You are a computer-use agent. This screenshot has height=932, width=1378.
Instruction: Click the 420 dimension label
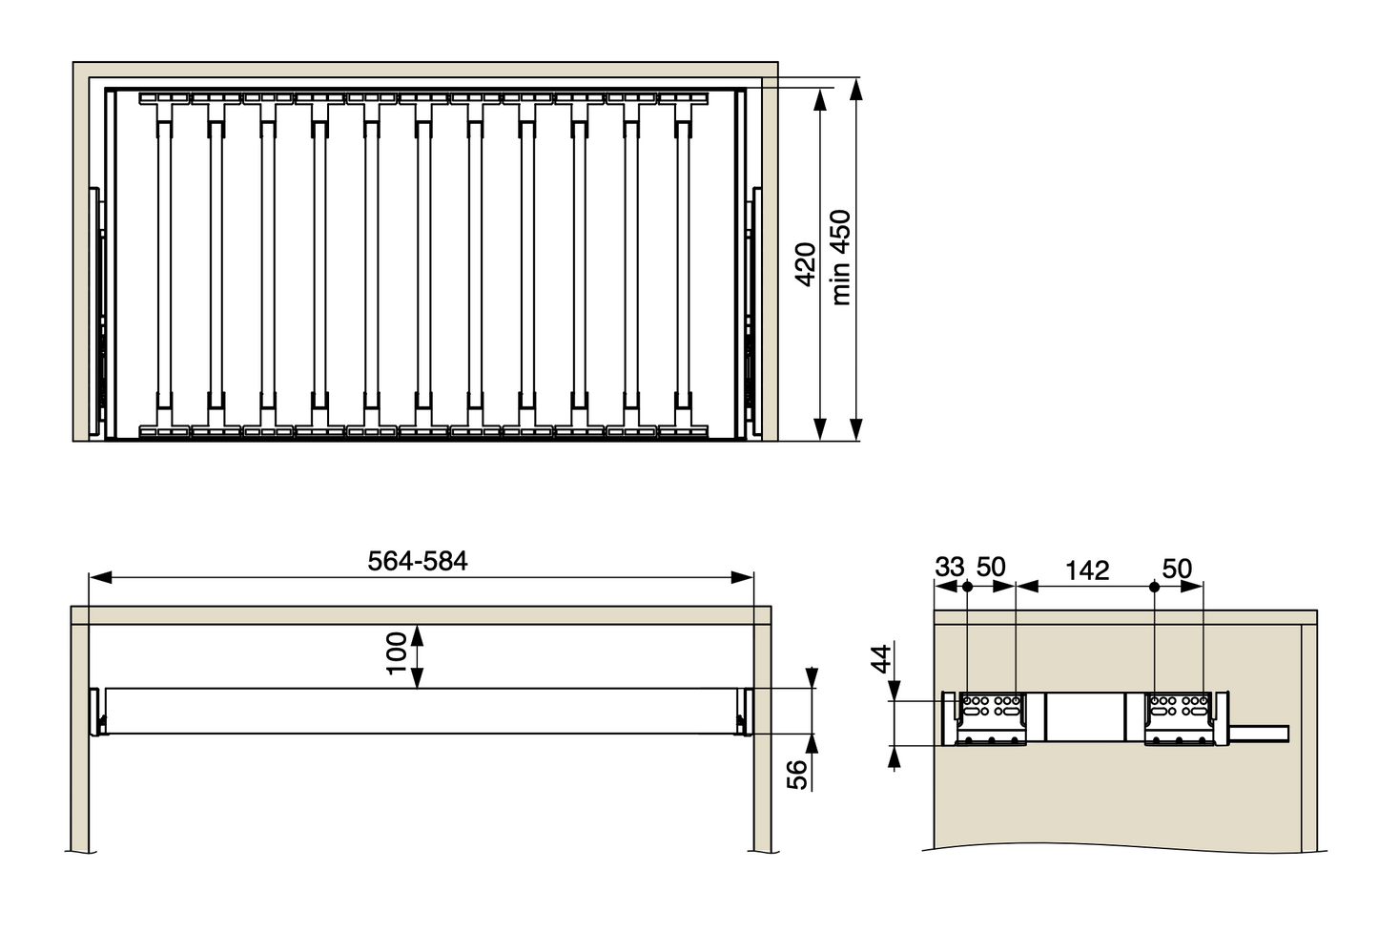805,264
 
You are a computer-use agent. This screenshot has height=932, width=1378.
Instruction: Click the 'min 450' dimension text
841,258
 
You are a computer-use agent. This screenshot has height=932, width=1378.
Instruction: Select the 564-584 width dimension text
418,561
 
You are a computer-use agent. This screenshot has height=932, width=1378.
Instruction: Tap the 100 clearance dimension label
397,653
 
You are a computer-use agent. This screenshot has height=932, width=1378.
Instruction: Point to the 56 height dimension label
796,775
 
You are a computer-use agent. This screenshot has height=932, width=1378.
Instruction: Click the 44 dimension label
882,659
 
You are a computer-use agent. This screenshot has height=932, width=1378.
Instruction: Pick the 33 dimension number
950,568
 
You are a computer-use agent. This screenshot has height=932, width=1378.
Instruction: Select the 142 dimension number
1088,570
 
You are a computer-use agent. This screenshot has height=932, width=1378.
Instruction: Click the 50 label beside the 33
991,568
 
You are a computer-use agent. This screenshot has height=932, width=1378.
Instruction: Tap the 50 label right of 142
1177,569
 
